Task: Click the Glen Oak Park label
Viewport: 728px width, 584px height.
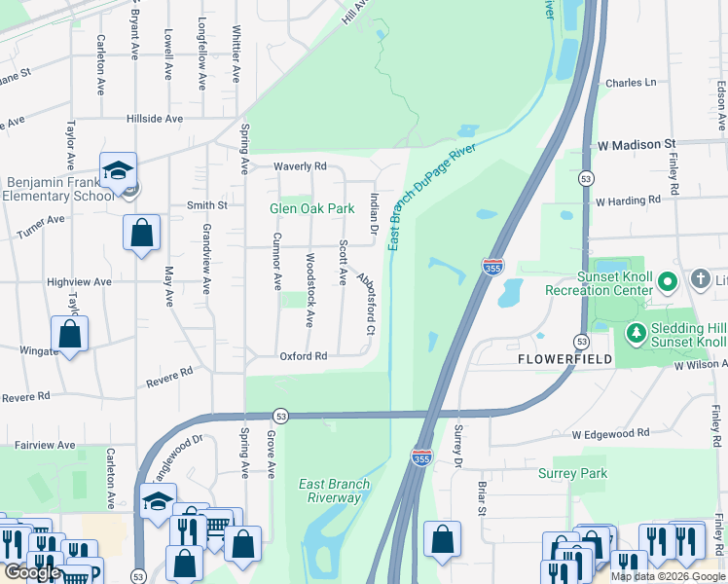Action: click(x=311, y=208)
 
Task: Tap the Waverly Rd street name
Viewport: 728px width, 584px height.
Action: click(x=300, y=166)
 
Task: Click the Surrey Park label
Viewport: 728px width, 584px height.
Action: click(x=572, y=474)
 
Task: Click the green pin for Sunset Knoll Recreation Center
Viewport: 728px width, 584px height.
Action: click(x=667, y=283)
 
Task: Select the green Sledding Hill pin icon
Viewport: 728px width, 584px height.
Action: click(x=637, y=334)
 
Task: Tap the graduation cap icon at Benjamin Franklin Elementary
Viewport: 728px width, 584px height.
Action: click(x=118, y=170)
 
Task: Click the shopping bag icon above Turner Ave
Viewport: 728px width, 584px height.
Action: click(x=141, y=233)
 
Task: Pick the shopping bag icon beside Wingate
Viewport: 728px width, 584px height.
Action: click(x=70, y=333)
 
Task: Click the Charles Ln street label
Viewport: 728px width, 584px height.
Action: click(x=631, y=84)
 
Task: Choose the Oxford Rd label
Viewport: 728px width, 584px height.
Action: click(x=305, y=356)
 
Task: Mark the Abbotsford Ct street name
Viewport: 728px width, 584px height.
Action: click(x=367, y=305)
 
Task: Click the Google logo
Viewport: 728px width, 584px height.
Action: click(x=32, y=572)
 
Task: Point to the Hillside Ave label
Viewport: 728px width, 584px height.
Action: click(x=155, y=119)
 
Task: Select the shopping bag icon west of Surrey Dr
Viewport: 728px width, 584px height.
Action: click(x=442, y=536)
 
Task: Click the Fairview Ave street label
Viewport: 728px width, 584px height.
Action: click(x=45, y=445)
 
